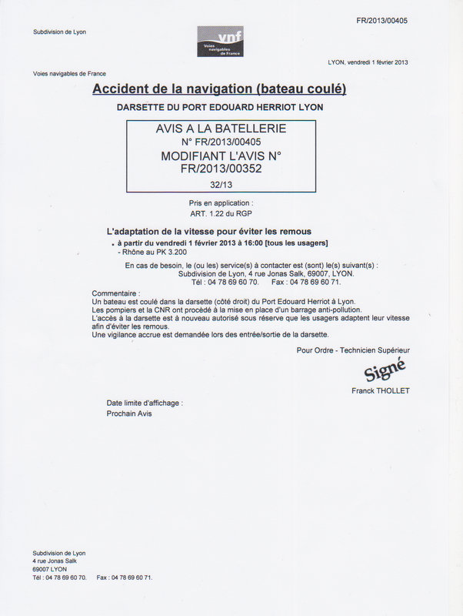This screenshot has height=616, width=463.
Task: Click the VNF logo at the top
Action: tap(219, 41)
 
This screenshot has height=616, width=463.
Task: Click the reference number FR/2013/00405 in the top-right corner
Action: tap(382, 20)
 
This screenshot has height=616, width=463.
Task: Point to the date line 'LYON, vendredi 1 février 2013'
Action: tap(368, 62)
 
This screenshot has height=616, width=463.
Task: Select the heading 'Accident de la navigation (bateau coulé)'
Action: tap(219, 89)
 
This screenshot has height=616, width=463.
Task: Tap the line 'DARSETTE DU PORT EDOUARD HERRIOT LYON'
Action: tap(220, 107)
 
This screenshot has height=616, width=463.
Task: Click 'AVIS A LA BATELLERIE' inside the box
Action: tap(221, 129)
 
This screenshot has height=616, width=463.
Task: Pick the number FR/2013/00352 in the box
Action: tap(221, 169)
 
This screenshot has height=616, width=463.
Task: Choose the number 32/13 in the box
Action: tap(221, 185)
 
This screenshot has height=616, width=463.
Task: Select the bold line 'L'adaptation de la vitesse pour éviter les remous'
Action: tap(208, 231)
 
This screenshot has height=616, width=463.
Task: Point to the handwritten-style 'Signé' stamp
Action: tap(384, 372)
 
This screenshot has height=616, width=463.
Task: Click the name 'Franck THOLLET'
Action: tap(381, 390)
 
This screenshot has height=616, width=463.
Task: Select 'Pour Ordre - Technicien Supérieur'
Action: tap(353, 350)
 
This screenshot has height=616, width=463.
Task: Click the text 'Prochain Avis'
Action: tap(129, 413)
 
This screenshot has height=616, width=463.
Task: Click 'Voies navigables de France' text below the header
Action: tap(69, 74)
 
